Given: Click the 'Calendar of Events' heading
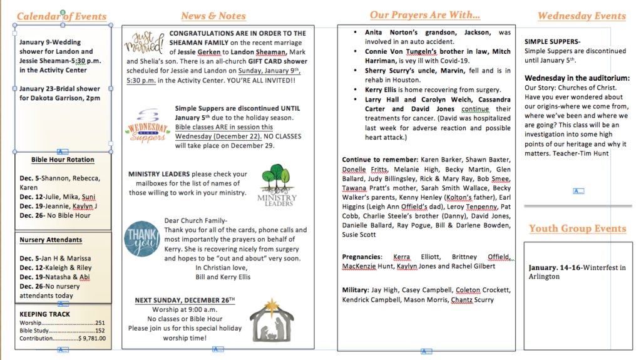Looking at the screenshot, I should (x=61, y=16).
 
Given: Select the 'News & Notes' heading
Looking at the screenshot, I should (x=213, y=16).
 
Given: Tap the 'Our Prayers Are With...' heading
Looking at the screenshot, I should (x=425, y=15).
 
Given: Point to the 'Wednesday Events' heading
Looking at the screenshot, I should (x=582, y=16).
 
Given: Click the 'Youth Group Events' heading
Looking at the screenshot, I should (x=578, y=229).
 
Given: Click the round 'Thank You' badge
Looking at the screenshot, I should (x=141, y=239).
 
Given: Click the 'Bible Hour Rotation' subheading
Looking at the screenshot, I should (x=63, y=160).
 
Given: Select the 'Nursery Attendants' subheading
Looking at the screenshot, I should (x=51, y=240).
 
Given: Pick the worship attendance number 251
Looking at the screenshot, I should (x=100, y=323).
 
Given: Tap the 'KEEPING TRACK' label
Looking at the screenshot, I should (x=44, y=314).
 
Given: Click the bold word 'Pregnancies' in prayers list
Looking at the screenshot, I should (x=362, y=257).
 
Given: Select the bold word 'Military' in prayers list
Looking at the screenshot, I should (x=356, y=290).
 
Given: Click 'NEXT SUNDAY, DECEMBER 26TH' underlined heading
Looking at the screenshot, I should (x=185, y=301).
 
